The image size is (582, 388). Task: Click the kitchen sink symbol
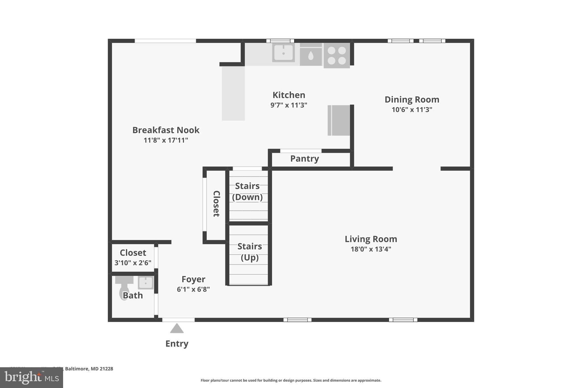pos(283,52)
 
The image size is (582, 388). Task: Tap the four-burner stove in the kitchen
pos(337,55)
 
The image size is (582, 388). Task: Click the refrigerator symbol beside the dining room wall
pos(339,120)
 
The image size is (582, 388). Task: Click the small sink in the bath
pos(145,283)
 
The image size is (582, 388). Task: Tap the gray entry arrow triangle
pos(177,329)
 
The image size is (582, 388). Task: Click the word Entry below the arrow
pos(177,344)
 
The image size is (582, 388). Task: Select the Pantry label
pos(304,159)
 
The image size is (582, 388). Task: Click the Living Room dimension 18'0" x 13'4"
pos(371,249)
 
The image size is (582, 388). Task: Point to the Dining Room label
pos(412,99)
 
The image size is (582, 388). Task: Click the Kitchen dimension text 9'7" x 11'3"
pos(289,105)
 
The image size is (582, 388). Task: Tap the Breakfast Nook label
pos(166,130)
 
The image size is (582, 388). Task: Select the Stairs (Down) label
pos(247,191)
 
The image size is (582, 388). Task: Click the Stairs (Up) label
pos(250,252)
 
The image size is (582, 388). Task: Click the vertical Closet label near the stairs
pos(216,204)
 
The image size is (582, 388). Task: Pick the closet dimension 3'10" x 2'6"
pos(133,263)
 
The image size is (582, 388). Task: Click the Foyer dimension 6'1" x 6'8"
pos(193,289)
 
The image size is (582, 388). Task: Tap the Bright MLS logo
pos(32,377)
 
